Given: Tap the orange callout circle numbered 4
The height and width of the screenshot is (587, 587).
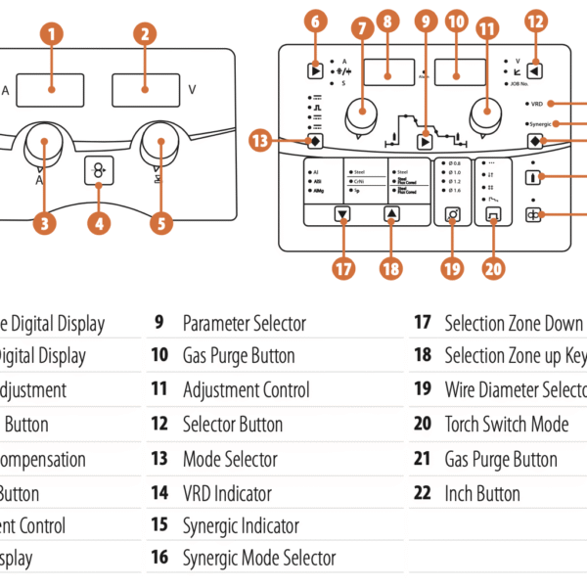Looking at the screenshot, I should tap(98, 223).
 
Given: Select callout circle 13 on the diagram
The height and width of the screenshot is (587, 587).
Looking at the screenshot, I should tap(260, 141).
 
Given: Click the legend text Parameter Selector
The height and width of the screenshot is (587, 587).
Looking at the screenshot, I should tap(245, 323).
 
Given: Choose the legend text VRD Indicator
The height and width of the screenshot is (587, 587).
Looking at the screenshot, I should tap(227, 493).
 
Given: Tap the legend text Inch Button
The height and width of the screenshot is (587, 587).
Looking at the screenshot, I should tap(482, 493).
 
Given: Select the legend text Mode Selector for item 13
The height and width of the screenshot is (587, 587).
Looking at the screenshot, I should tap(230, 459).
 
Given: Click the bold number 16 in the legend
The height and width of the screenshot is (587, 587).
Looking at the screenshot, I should tap(159, 559).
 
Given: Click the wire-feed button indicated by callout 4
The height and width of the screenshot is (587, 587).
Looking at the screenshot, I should tap(99, 170).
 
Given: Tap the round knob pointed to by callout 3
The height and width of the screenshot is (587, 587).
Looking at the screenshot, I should tap(44, 145).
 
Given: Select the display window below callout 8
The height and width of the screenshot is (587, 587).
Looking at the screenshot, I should tap(387, 71).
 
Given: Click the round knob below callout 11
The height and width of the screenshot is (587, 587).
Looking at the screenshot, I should tap(486, 113).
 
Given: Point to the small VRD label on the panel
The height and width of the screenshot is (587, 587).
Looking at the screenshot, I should tap(537, 102).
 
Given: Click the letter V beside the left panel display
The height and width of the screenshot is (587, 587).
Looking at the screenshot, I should tap(192, 89).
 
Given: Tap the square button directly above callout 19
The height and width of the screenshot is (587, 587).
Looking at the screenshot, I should tap(453, 213).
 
